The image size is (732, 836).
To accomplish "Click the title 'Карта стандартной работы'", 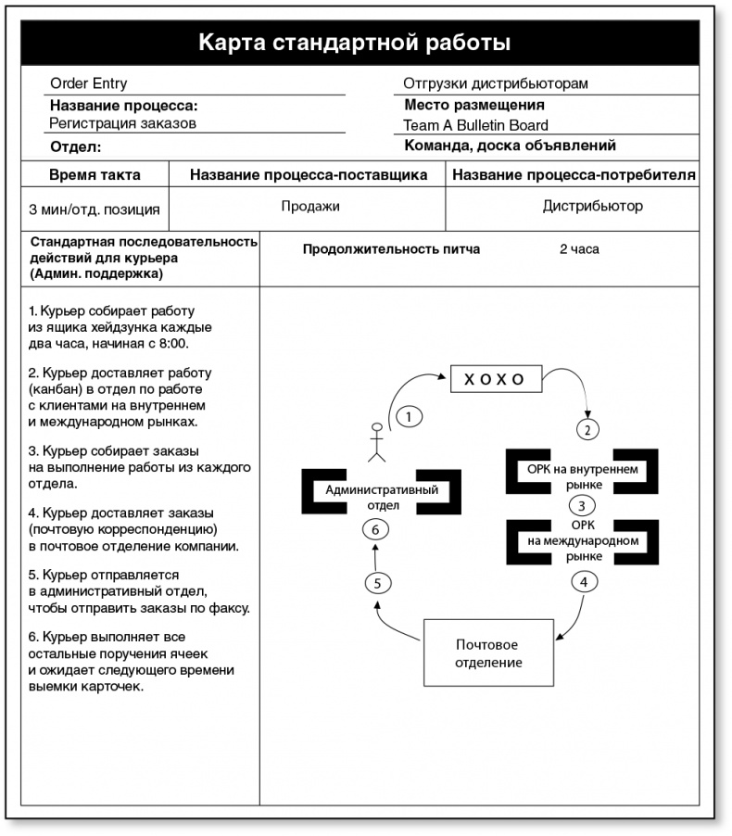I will pyautogui.click(x=355, y=43).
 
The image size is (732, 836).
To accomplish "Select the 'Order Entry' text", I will pyautogui.click(x=89, y=83).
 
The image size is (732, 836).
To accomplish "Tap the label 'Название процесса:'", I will pyautogui.click(x=124, y=105).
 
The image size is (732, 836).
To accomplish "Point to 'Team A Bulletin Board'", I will pyautogui.click(x=475, y=125).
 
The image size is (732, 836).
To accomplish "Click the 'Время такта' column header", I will pyautogui.click(x=95, y=174).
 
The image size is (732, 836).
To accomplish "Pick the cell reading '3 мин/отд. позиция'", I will pyautogui.click(x=95, y=209).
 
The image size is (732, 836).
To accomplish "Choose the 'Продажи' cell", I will pyautogui.click(x=310, y=207).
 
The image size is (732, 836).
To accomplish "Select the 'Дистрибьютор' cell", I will pyautogui.click(x=592, y=206).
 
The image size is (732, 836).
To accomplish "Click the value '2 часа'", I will pyautogui.click(x=579, y=249).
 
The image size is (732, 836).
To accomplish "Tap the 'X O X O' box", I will pyautogui.click(x=494, y=378).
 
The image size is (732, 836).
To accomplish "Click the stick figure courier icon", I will pyautogui.click(x=376, y=443).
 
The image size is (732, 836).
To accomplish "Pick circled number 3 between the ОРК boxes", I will pyautogui.click(x=581, y=506).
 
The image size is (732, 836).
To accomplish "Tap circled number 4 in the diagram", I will pyautogui.click(x=583, y=582).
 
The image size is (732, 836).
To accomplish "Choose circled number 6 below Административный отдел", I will pyautogui.click(x=374, y=529).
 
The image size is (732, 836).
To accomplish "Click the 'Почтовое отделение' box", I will pyautogui.click(x=487, y=653).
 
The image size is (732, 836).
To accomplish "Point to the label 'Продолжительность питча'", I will pyautogui.click(x=391, y=249).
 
